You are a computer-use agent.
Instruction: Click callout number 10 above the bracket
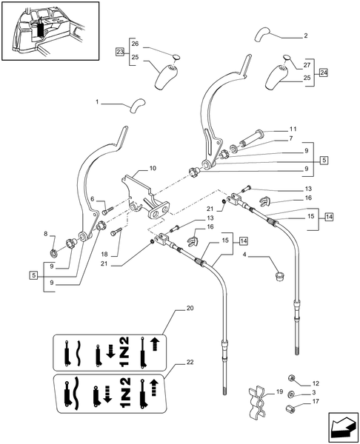coord(153,169)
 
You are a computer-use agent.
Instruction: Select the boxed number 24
coord(322,73)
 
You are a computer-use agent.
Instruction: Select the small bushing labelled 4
coord(281,277)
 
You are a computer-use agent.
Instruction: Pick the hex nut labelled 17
coord(291,411)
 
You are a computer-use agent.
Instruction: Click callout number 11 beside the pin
coord(293,129)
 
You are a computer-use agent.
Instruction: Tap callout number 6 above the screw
coord(93,199)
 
